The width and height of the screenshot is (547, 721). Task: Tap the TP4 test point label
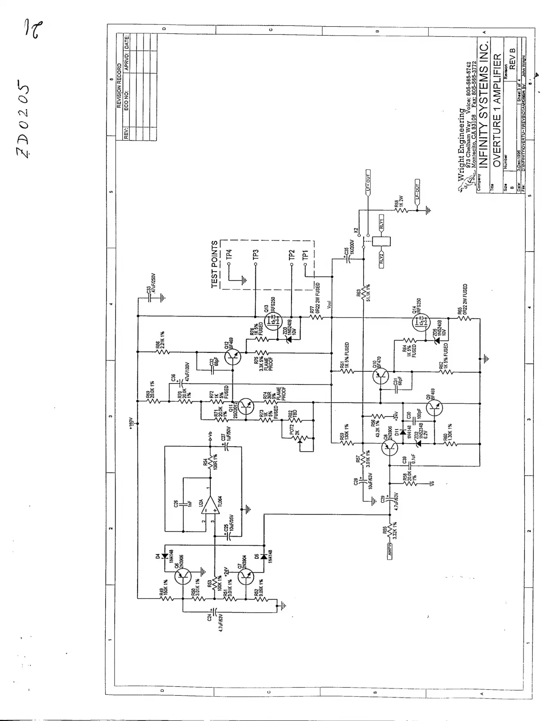click(x=229, y=254)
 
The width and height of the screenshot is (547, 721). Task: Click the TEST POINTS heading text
click(x=215, y=264)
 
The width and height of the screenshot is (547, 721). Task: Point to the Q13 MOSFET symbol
click(x=273, y=322)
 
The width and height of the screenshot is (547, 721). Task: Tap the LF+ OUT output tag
click(x=368, y=183)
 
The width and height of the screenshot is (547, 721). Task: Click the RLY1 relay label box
click(x=381, y=223)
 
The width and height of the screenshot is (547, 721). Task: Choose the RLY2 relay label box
click(x=381, y=258)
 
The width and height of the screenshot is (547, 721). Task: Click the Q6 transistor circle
click(x=183, y=576)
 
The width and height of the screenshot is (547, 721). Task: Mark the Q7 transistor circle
click(x=246, y=576)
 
